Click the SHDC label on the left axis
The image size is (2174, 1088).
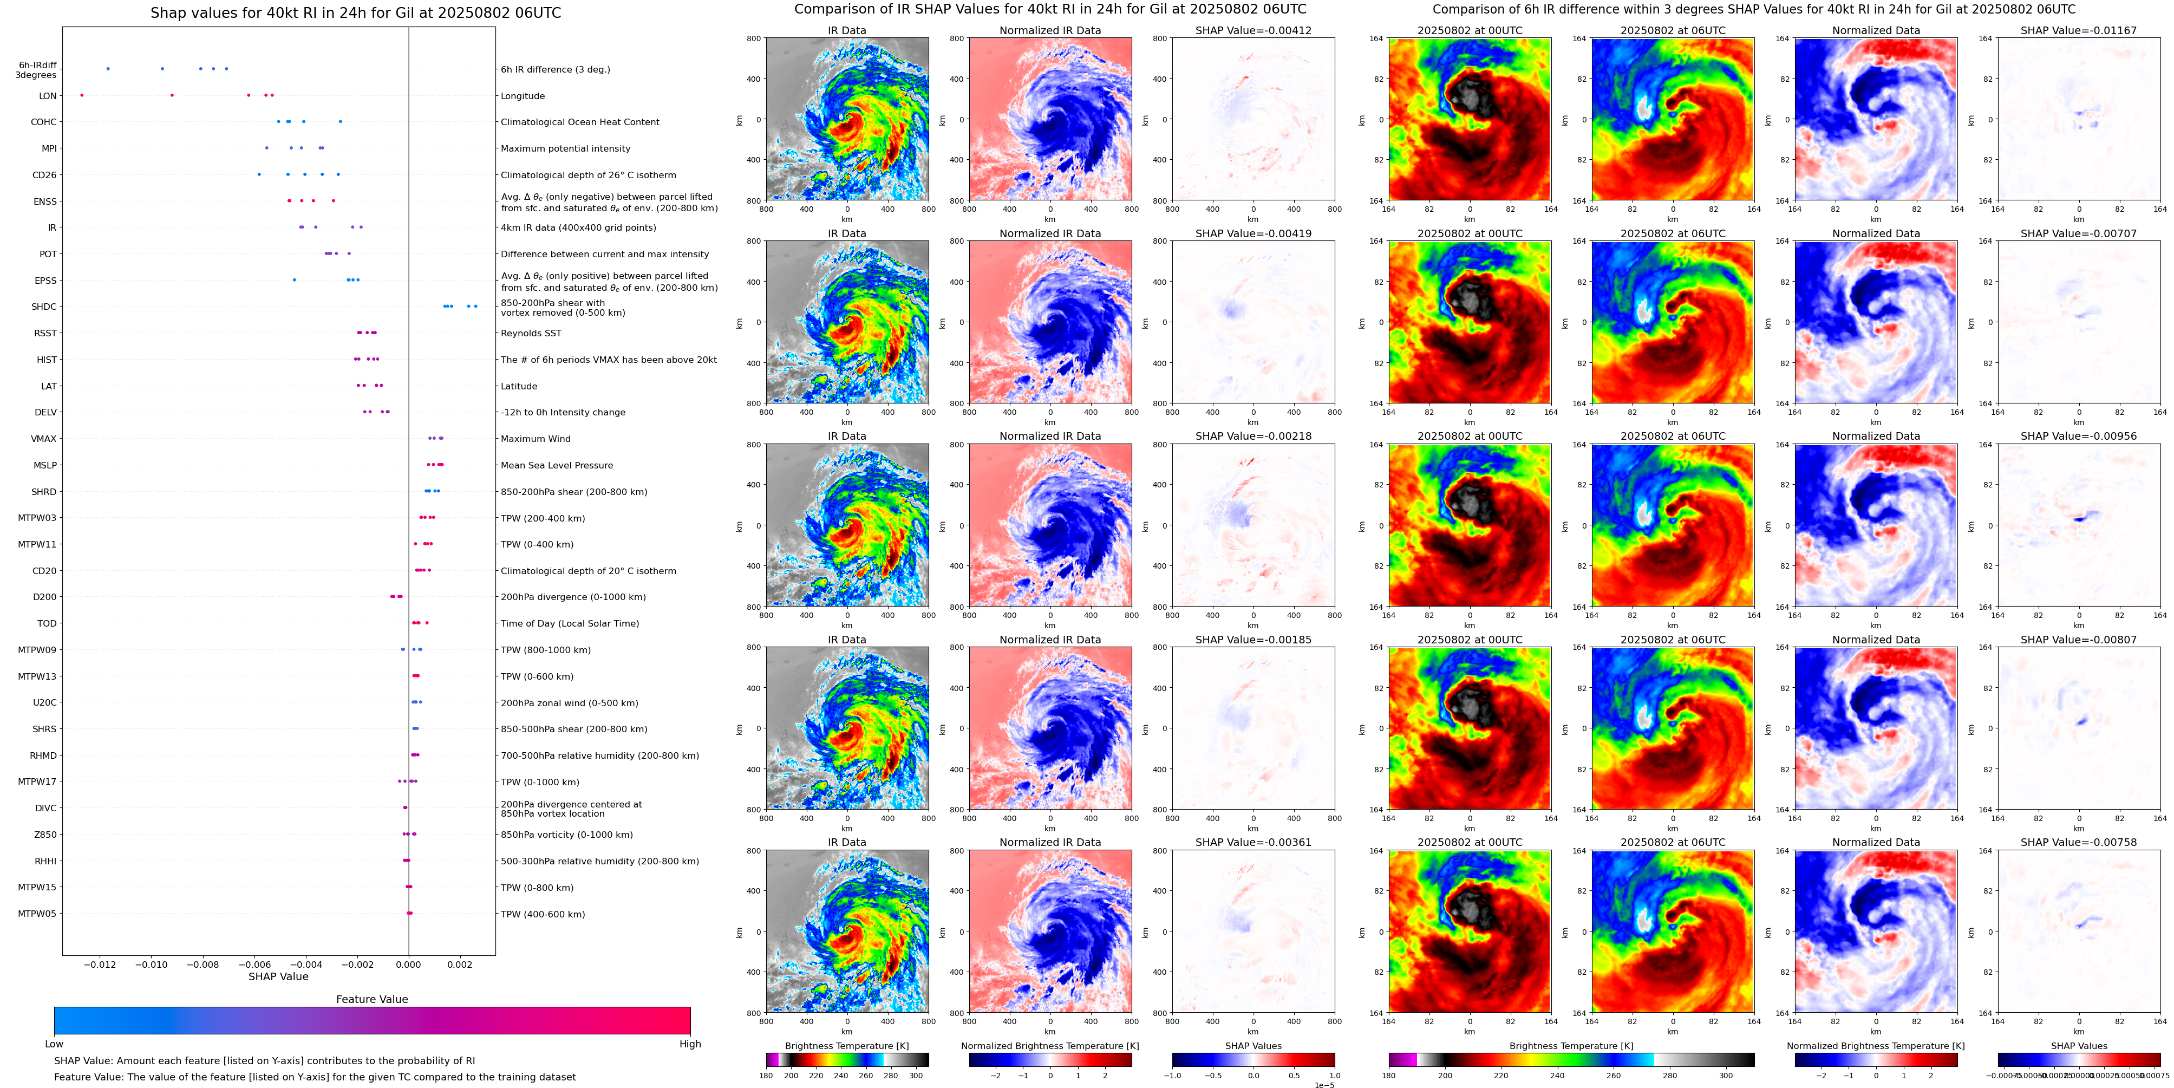44,307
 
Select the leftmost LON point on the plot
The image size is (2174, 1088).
82,95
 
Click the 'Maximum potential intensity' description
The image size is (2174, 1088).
565,148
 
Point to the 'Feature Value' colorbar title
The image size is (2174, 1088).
371,999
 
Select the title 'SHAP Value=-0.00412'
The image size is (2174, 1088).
1254,30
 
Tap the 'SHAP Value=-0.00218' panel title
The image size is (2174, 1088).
1254,436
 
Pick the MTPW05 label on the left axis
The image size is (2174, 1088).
37,913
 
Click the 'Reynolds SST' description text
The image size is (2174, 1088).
531,334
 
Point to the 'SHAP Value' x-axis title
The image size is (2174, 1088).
278,976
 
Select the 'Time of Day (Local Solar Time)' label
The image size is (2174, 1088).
570,624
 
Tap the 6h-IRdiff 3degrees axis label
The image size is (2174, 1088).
37,70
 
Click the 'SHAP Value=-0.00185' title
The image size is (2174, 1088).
1254,640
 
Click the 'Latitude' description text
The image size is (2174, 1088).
519,387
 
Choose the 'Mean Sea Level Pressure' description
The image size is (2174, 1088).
557,465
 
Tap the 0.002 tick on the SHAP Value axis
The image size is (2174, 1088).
460,965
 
